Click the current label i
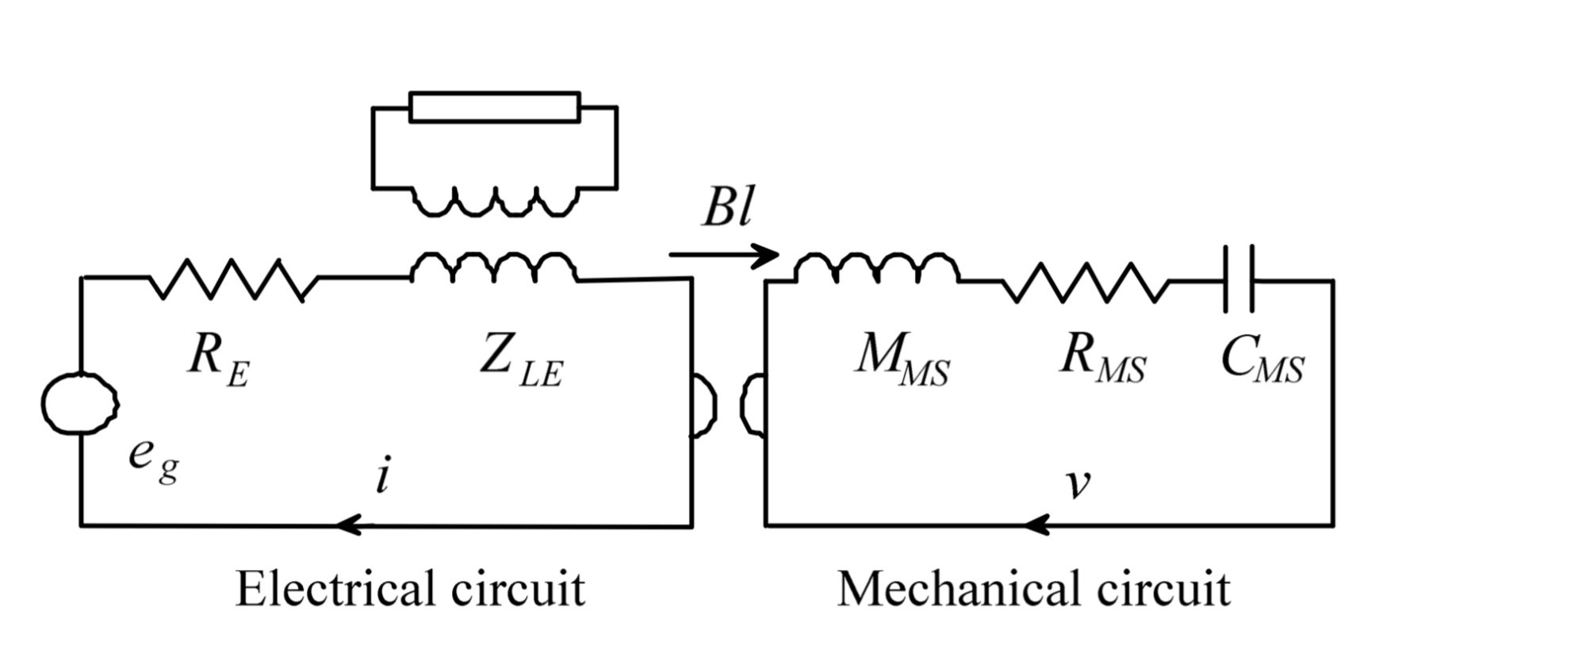point(383,477)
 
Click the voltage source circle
point(80,403)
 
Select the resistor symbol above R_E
point(233,279)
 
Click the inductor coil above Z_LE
point(495,267)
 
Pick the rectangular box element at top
point(495,107)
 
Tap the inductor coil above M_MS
point(876,267)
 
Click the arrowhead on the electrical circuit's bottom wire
point(349,525)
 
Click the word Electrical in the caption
point(333,589)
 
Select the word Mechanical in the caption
point(956,589)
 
